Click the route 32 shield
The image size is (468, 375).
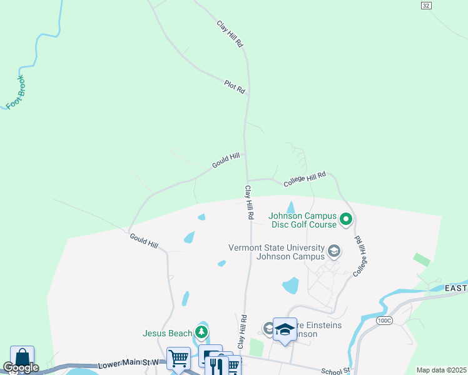coord(425,5)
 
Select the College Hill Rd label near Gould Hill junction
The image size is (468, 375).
coord(305,179)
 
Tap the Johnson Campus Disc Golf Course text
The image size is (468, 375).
coord(303,221)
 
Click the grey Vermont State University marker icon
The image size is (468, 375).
coord(334,252)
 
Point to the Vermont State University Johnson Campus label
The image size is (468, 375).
coord(290,252)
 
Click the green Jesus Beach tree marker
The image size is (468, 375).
coord(201,331)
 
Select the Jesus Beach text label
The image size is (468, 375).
coord(167,333)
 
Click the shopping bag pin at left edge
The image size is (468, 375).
coord(22,357)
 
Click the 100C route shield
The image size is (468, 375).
coord(384,320)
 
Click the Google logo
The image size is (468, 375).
coord(20,367)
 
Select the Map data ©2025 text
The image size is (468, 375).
coord(440,370)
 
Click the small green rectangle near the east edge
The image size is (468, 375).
coord(422,259)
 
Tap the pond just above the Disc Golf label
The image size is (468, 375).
coord(291,207)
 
